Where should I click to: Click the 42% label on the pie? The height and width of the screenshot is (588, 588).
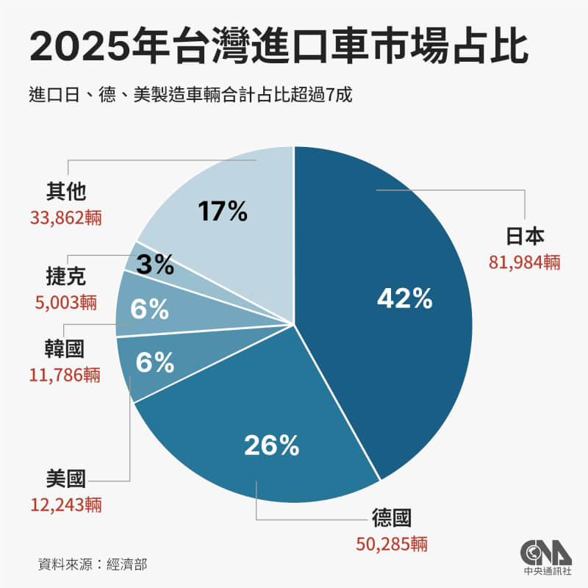(404, 298)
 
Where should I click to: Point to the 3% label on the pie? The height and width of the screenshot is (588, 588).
(154, 264)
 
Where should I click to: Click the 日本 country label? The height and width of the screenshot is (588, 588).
(525, 237)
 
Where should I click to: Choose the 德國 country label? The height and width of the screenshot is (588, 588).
(390, 519)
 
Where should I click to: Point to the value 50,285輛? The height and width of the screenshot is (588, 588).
(390, 545)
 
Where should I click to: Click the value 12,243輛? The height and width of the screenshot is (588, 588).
(66, 505)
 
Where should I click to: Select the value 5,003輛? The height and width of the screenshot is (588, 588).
(66, 302)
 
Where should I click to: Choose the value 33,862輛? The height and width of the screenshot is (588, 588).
(66, 218)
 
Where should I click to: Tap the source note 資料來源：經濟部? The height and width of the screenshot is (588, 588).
(97, 564)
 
